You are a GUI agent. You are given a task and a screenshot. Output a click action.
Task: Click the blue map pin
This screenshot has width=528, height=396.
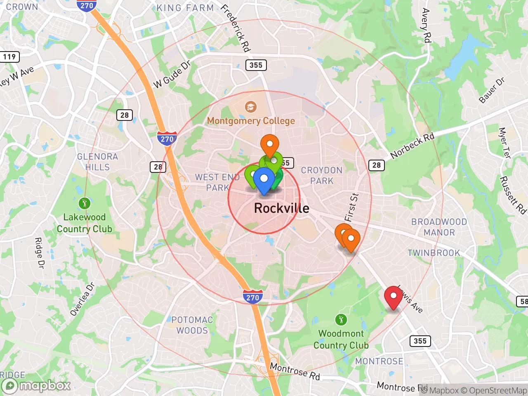click(264, 180)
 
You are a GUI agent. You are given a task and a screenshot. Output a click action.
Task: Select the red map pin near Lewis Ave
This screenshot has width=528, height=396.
click(394, 296)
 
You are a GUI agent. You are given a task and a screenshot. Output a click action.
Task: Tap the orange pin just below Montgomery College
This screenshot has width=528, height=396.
click(270, 145)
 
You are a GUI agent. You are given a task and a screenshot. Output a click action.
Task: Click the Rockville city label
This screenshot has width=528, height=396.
click(281, 208)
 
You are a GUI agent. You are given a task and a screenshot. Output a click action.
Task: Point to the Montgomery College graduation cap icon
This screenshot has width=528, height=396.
click(250, 107)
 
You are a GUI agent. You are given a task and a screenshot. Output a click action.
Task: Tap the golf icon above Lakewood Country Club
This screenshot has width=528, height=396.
click(84, 203)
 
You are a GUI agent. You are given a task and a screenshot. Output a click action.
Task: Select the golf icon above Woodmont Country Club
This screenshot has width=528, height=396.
click(341, 319)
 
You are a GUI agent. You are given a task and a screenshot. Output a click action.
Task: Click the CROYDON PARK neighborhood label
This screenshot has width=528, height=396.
click(322, 175)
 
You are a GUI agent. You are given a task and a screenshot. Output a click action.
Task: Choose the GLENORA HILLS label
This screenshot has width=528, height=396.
click(98, 162)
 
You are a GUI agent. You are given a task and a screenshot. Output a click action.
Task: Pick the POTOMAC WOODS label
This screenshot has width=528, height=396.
click(192, 325)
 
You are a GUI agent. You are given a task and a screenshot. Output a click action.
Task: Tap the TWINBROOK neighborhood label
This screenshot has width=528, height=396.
click(434, 253)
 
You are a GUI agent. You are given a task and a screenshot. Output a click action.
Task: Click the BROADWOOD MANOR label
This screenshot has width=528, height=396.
click(439, 227)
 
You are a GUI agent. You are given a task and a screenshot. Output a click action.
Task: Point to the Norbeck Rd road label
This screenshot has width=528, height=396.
click(412, 146)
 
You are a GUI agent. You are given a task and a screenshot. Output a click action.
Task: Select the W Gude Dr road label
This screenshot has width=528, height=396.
click(172, 74)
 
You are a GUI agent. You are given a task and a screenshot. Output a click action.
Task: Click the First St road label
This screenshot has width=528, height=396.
click(351, 207)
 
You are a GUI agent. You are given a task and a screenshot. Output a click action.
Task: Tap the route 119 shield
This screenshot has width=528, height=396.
click(9, 57)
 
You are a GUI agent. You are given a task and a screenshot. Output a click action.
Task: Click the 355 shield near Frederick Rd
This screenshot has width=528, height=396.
click(256, 65)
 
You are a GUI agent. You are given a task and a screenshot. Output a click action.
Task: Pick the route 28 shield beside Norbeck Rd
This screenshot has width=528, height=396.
click(376, 165)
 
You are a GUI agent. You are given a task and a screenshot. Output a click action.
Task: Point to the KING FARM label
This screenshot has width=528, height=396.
click(185, 8)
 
